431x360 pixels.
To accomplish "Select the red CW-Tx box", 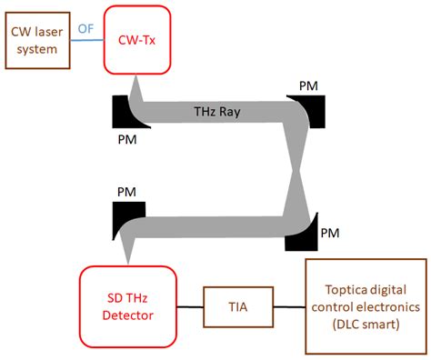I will click(137, 39).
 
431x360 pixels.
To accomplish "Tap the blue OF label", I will click(85, 29).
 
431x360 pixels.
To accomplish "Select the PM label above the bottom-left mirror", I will click(126, 194).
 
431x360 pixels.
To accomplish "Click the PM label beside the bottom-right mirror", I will click(331, 233).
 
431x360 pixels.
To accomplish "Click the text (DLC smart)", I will click(364, 325).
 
